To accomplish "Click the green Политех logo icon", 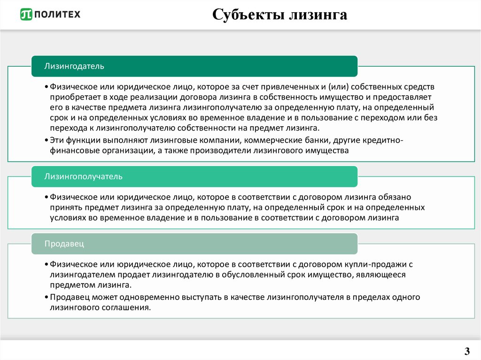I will coord(26,15).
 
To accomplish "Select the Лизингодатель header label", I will coord(74,66).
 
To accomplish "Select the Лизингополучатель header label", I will coord(83,176).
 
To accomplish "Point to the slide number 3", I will coord(466,351).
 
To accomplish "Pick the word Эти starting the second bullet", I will coord(57,140).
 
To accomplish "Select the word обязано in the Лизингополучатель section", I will coord(397,197).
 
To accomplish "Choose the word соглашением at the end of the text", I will coord(125,308).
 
